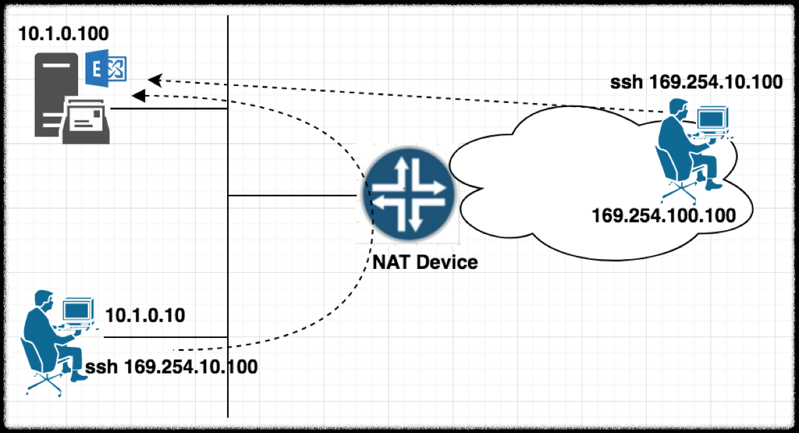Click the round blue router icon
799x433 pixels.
coord(408,195)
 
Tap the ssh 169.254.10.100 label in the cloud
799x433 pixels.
coord(696,82)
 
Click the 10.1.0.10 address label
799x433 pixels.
coord(145,315)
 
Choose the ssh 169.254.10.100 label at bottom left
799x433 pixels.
coord(171,365)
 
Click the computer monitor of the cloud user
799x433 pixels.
coord(713,119)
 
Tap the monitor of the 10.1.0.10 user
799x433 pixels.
coord(77,310)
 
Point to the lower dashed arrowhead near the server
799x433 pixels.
coord(138,96)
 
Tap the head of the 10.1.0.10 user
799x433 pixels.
coord(43,299)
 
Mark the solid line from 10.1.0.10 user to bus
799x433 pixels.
coord(164,337)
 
